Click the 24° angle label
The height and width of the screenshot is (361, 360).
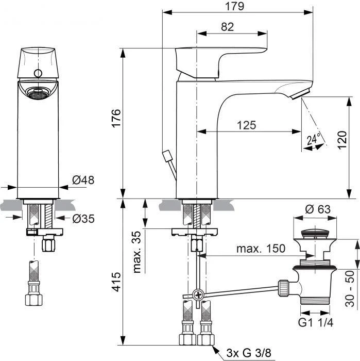click(313, 139)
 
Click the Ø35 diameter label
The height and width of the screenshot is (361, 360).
click(83, 219)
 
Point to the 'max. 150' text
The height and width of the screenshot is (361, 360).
click(261, 249)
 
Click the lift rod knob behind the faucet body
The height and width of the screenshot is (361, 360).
click(166, 155)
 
